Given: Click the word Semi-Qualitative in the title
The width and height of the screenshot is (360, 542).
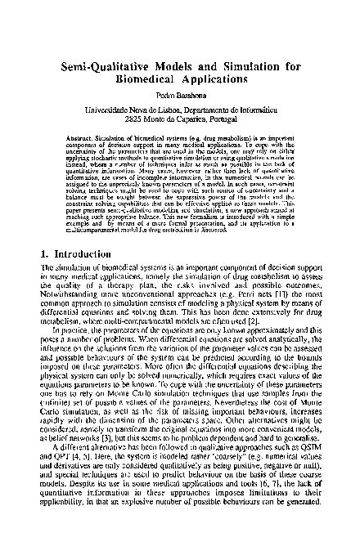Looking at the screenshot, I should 106,63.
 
